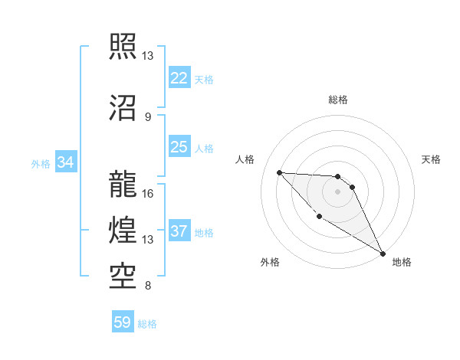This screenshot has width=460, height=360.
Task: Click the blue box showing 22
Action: [179, 78]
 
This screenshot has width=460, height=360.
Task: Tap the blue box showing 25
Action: [179, 147]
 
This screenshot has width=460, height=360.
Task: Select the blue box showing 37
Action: [179, 231]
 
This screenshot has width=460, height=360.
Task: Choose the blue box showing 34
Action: [65, 162]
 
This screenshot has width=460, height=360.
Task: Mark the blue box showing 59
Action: [123, 322]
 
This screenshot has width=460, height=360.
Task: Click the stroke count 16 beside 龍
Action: [148, 193]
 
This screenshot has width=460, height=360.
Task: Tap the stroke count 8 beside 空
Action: [147, 286]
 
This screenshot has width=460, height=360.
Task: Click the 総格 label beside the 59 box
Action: [147, 324]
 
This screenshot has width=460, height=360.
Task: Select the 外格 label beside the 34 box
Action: [41, 163]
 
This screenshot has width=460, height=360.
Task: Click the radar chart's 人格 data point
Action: [279, 172]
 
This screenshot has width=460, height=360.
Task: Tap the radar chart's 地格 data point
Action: [384, 254]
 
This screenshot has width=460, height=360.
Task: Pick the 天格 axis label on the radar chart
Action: [432, 159]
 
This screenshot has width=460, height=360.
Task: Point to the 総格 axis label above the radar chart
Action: [338, 100]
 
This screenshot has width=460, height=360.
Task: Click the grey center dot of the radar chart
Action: [337, 191]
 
